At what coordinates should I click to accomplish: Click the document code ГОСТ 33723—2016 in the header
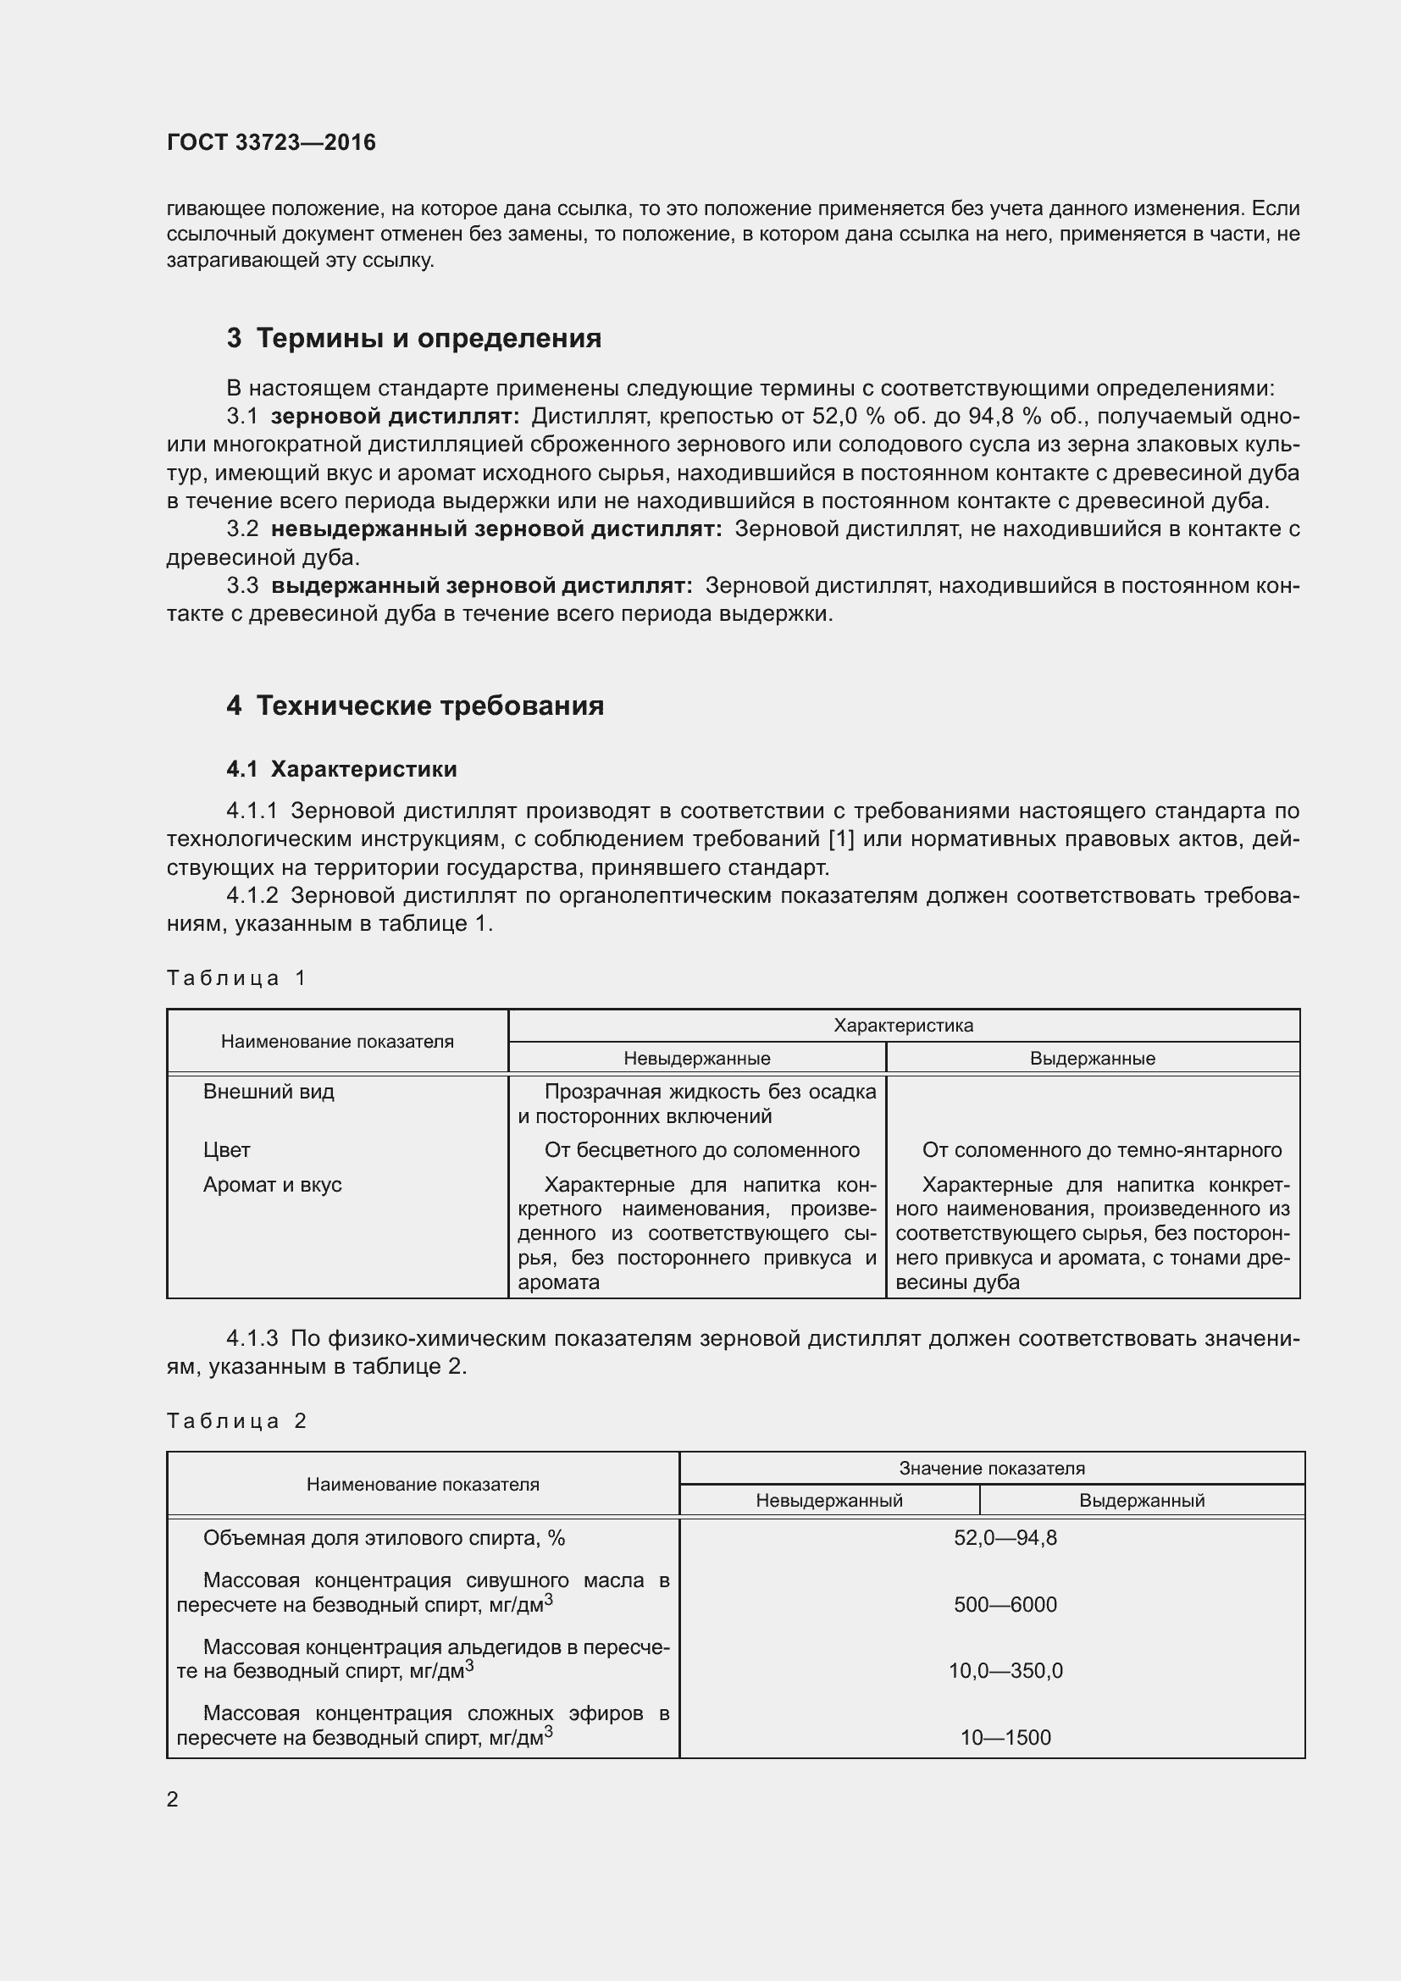tap(271, 142)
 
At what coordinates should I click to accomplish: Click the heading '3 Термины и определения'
tap(414, 338)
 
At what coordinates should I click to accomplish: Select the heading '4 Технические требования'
tap(415, 706)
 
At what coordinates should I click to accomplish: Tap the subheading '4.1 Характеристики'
tap(341, 769)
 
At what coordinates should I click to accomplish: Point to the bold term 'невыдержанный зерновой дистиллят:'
tap(496, 528)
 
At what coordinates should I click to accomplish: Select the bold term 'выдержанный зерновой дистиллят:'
tap(481, 586)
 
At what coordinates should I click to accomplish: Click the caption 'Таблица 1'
tap(236, 977)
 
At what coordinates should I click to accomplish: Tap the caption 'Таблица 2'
tap(236, 1421)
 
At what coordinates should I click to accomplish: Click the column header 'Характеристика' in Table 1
tap(903, 1025)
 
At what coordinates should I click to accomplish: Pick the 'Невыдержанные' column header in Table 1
tap(697, 1058)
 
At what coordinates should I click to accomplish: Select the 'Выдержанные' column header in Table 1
tap(1092, 1058)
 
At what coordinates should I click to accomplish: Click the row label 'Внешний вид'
tap(269, 1092)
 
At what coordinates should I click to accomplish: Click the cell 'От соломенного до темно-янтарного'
tap(1102, 1150)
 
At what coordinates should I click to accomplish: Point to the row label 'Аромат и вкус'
tap(273, 1185)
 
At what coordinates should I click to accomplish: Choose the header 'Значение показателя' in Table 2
tap(991, 1468)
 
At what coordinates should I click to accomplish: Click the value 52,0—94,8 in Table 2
tap(1005, 1537)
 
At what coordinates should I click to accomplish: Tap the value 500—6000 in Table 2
tap(1005, 1604)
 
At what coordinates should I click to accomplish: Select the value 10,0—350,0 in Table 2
tap(1005, 1670)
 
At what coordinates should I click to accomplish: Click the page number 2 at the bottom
tap(173, 1799)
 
